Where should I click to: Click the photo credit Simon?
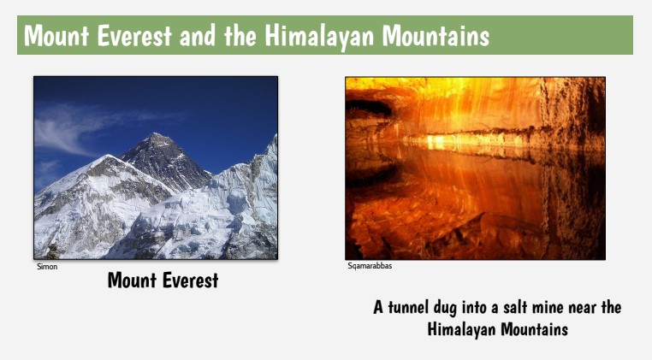(x=46, y=267)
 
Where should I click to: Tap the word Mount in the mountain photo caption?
(x=134, y=280)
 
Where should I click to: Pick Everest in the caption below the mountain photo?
(x=191, y=280)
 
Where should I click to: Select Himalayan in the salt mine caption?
(x=462, y=329)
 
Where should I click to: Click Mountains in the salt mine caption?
(x=534, y=329)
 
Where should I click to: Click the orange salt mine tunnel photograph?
(x=475, y=168)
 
